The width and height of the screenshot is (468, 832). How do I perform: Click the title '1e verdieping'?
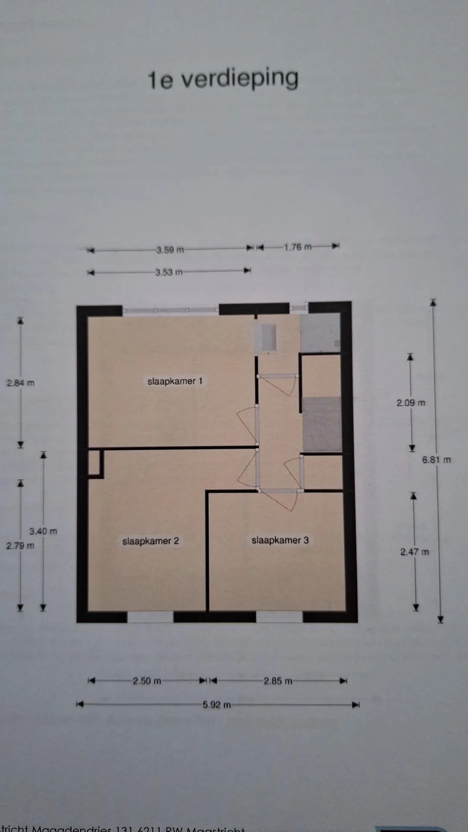[223, 79]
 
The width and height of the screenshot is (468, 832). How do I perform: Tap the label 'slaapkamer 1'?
[175, 381]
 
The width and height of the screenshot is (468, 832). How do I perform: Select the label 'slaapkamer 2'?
[150, 541]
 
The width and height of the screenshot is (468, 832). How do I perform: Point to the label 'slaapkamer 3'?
[280, 540]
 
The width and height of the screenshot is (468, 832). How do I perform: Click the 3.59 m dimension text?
[170, 250]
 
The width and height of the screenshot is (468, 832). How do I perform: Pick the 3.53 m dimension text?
[169, 272]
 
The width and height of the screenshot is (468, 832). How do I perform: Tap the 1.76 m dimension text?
[298, 247]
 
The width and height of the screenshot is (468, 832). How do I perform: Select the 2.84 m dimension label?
[20, 383]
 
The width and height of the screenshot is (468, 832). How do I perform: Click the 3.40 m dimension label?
[43, 531]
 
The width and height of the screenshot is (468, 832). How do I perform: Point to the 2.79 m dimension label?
[20, 546]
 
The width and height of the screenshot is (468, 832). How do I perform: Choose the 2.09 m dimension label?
[411, 403]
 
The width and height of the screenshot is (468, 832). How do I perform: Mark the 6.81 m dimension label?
[436, 460]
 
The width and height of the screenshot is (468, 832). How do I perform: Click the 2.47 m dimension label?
[414, 552]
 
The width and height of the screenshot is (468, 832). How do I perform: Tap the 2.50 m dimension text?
[147, 681]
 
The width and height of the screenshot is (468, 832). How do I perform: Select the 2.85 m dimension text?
[278, 681]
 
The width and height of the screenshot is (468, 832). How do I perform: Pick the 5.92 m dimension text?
[217, 705]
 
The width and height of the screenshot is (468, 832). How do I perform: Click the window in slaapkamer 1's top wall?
[171, 310]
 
